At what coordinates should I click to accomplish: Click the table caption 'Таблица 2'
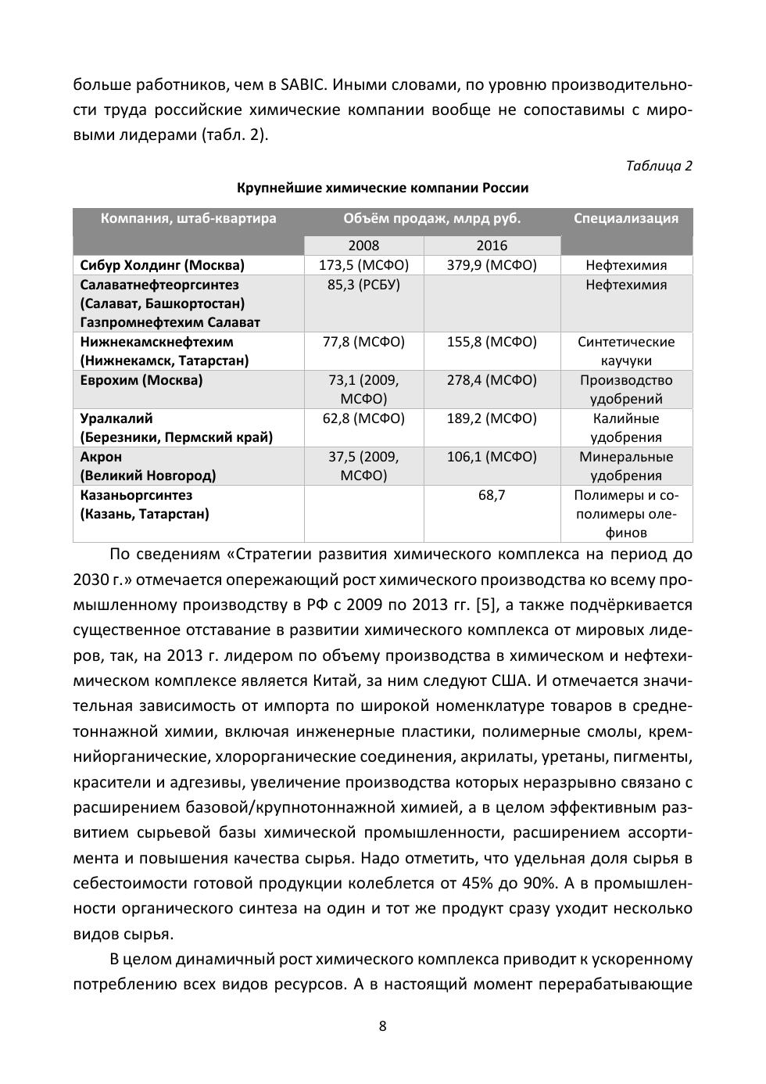coord(659,166)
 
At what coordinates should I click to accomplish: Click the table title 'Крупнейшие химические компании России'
coord(382,188)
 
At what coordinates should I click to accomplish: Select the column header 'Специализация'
coord(626,218)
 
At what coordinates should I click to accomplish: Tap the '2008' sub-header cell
coord(363,246)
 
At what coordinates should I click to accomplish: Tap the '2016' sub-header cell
coord(492,246)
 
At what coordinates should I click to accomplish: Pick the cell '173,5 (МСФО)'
coord(363,265)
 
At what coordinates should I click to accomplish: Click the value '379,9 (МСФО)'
coord(492,265)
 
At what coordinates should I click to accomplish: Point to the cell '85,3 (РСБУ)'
coord(363,285)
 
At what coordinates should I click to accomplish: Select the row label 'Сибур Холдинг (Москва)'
coord(162,265)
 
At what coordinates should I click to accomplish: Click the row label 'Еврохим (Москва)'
coord(141,380)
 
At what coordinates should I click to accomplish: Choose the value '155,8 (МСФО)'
coord(492,342)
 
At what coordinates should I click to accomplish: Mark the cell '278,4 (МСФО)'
coord(492,380)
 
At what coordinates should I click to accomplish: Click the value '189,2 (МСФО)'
coord(492,418)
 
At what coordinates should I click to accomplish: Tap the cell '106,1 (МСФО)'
coord(492,457)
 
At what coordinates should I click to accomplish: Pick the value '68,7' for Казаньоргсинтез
coord(492,495)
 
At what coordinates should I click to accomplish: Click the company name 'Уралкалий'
coord(116,418)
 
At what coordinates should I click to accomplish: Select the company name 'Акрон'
coord(101,457)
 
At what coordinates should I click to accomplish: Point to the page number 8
coord(382,1026)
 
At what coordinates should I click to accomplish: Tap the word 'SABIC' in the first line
coord(302,84)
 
